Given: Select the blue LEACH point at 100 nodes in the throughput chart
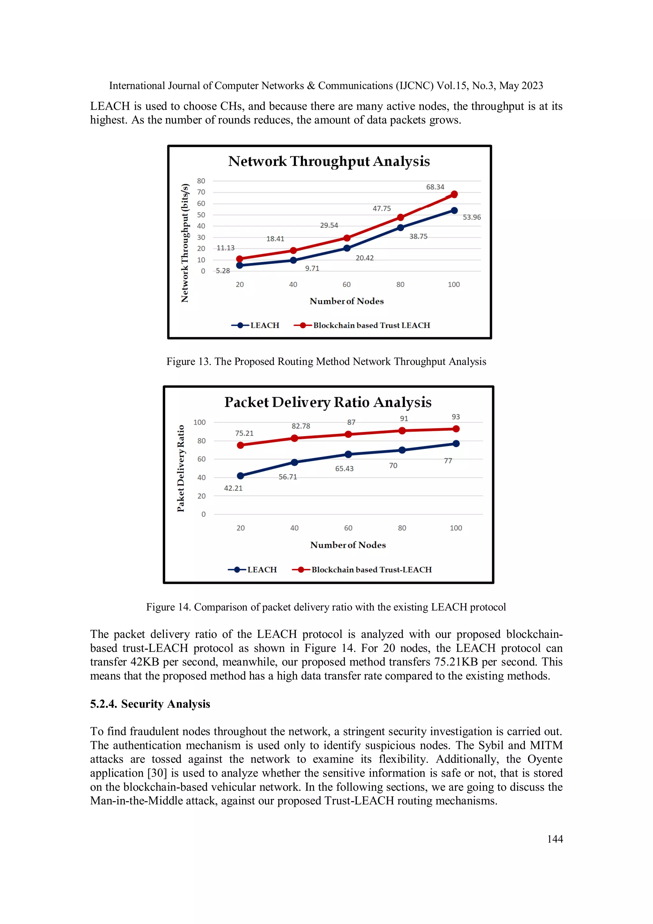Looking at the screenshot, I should pos(454,211).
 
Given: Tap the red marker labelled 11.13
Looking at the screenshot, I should pos(239,259).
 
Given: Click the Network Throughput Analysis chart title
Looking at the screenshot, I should pos(329,161).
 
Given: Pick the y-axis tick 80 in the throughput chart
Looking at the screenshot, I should pos(201,181).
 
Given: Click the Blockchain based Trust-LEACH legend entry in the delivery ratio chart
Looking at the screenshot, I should pos(362,569).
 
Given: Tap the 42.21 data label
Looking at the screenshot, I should pos(233,488).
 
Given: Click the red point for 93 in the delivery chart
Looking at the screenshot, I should pos(456,429).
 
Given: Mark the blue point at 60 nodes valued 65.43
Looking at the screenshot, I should pos(348,455).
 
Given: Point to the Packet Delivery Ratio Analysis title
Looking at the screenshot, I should pos(327,402).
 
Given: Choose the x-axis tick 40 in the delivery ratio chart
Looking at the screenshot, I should pos(294,528).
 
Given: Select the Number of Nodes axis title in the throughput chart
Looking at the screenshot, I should pos(346,301).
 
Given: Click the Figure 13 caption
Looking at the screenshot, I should pos(326,361).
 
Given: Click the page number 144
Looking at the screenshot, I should pos(554,839).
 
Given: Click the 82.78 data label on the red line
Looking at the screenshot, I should pos(301,426).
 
